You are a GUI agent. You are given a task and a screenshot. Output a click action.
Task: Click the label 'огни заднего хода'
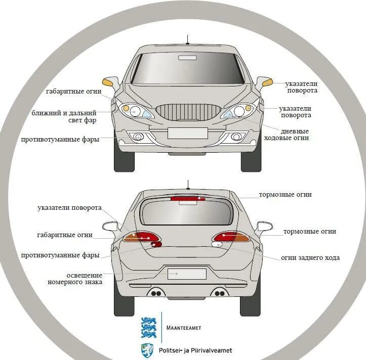tap(310, 258)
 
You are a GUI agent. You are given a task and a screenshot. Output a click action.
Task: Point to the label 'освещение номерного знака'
tap(75, 278)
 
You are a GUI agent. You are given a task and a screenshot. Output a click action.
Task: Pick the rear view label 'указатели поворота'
tap(70, 208)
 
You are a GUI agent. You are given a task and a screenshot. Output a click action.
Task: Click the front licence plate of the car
tap(187, 133)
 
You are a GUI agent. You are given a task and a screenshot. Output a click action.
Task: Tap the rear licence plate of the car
tap(187, 274)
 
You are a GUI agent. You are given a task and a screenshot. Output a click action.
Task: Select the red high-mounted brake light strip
tap(187, 199)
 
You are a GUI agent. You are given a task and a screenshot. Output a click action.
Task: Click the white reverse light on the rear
tap(216, 245)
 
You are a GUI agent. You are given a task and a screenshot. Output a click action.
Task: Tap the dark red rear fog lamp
tap(156, 245)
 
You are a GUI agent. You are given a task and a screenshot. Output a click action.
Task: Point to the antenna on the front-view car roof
tap(187, 39)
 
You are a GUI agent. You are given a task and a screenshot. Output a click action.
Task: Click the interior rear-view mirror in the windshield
tap(187, 58)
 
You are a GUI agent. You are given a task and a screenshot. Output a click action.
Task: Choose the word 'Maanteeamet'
tap(184, 328)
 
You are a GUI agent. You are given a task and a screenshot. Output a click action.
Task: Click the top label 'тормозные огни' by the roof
tap(285, 194)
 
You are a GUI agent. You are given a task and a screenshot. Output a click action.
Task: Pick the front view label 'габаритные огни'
tap(73, 92)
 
